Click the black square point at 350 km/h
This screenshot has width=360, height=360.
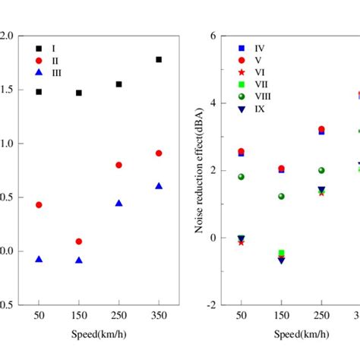click(159, 59)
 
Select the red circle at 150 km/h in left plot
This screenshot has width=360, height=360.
click(79, 242)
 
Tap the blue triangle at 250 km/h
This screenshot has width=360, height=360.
click(118, 204)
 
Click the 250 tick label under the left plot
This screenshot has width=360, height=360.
click(118, 315)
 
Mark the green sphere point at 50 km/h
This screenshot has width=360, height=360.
click(242, 177)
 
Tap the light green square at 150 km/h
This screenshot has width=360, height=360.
click(281, 253)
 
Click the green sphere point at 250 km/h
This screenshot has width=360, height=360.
click(321, 171)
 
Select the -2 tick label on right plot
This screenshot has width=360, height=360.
click(213, 305)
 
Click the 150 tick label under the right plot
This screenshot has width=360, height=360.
click(281, 315)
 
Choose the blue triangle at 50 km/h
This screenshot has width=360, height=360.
click(39, 260)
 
